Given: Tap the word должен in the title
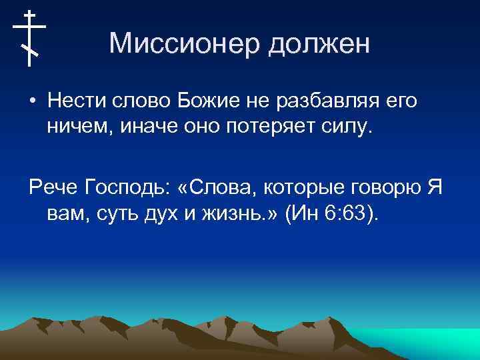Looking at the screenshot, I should (x=318, y=45).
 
